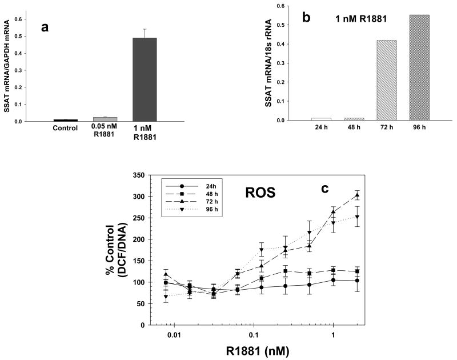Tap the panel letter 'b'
pos(306,17)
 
